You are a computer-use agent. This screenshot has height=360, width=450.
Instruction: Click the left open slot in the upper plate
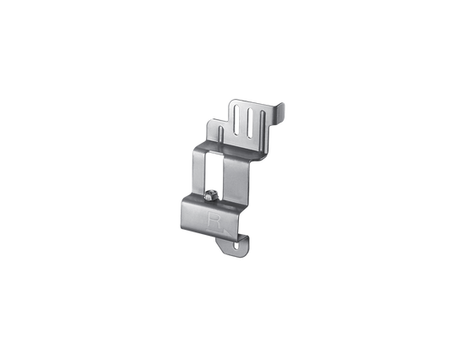point(236,119)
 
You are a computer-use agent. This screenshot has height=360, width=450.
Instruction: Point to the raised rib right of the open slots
point(262,127)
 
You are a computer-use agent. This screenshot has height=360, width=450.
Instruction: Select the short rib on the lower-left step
point(220,133)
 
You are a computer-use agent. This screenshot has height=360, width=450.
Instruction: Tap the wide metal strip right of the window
point(236,182)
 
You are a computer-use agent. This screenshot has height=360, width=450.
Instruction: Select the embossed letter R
point(214,220)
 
